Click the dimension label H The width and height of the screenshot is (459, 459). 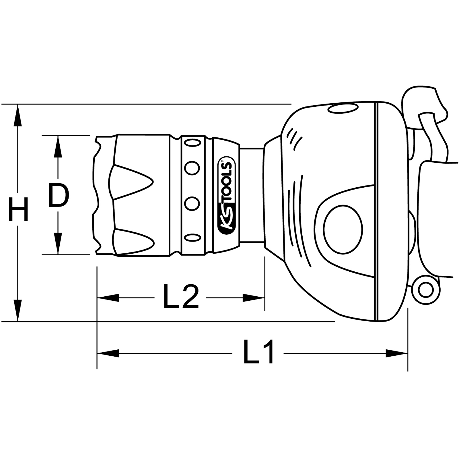[18, 209]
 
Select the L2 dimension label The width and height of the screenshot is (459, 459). [181, 296]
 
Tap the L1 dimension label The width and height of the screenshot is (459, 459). [259, 351]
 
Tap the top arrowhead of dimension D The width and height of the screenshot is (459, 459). [58, 146]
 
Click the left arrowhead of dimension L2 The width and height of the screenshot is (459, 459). [108, 298]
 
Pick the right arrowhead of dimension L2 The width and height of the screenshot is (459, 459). [254, 298]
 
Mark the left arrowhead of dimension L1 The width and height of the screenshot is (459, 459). [108, 353]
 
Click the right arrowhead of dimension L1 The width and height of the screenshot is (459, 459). [396, 353]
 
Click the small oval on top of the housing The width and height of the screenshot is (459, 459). [343, 108]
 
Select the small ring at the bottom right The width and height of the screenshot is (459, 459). [425, 290]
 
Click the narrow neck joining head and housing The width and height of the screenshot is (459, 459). [252, 196]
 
